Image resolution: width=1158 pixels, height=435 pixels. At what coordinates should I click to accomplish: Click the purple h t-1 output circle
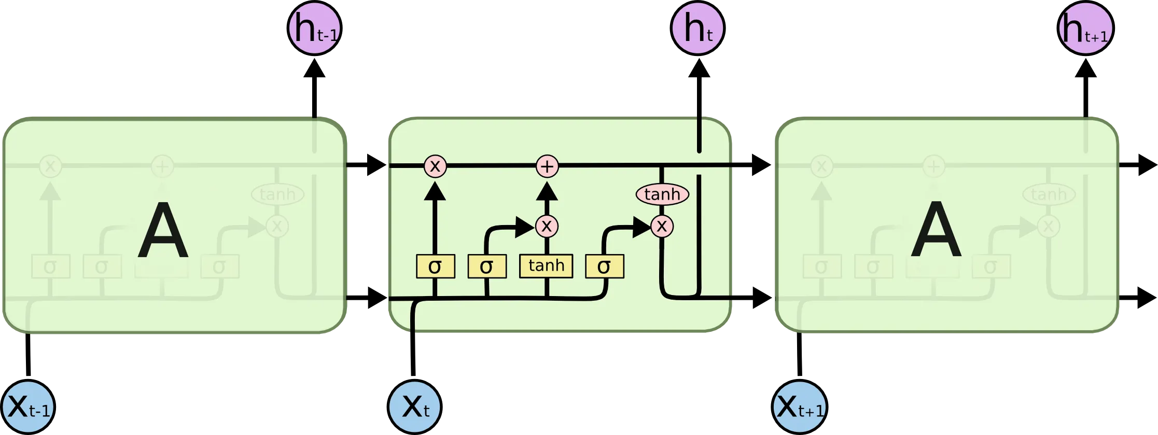(x=314, y=28)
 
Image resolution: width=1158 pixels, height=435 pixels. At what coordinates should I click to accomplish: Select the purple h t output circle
(x=698, y=28)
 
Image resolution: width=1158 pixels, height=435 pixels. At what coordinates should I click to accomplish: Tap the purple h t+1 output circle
(x=1085, y=28)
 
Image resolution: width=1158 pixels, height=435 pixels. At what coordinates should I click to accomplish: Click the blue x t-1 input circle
(x=29, y=406)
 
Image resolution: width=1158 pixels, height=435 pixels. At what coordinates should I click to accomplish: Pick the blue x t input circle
(x=415, y=406)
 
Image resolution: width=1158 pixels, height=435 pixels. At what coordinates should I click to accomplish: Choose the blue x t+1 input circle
(x=799, y=406)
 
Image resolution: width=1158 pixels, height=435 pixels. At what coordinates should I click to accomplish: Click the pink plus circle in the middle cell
(x=547, y=166)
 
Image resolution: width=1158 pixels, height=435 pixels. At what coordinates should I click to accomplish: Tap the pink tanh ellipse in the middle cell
(x=662, y=194)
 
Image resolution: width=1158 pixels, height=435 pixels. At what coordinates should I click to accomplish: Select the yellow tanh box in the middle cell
(x=546, y=266)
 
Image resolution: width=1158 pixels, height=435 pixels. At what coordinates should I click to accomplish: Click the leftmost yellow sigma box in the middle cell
(x=435, y=266)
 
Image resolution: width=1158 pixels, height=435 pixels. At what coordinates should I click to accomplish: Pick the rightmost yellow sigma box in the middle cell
(x=604, y=266)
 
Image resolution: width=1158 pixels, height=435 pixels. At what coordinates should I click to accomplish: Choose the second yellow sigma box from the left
(x=486, y=266)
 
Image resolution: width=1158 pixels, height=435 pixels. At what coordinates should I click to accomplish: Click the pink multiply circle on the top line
(x=435, y=166)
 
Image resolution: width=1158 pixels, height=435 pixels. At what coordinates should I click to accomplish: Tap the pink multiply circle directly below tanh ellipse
(x=662, y=226)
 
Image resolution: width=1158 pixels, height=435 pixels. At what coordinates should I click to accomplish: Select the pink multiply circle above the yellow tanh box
(x=547, y=226)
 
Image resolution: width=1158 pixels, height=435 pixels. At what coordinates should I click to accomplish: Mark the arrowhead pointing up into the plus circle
(x=547, y=191)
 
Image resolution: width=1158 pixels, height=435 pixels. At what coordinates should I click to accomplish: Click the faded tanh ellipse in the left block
(x=277, y=194)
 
